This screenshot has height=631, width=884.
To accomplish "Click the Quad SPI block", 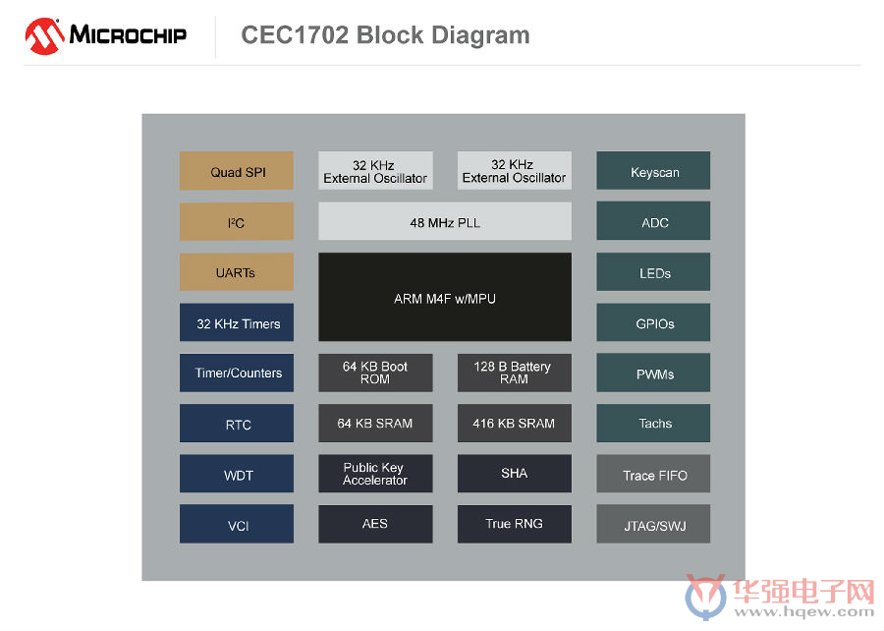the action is tap(236, 170).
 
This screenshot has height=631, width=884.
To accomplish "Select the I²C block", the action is tap(236, 221).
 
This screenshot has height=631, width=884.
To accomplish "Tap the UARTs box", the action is tap(236, 272).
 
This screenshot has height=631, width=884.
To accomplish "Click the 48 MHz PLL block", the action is tap(445, 221).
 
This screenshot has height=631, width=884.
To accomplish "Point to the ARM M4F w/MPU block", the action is tap(445, 297).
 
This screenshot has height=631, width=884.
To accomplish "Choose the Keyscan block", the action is tap(653, 170).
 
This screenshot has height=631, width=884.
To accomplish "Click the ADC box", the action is tap(653, 221).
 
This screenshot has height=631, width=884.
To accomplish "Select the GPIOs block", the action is tap(653, 322).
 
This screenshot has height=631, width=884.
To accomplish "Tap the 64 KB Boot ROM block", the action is tap(375, 373).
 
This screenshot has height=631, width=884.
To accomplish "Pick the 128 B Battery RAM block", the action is tap(514, 373).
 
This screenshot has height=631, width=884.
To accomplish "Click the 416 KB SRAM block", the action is tap(514, 423).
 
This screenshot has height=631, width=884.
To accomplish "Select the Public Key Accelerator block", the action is tap(375, 474).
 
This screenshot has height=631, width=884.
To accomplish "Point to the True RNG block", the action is tap(514, 524).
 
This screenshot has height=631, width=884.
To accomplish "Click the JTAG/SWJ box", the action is tap(653, 524).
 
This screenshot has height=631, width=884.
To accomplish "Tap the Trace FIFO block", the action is tap(653, 474).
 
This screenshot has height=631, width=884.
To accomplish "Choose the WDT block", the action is tap(236, 474).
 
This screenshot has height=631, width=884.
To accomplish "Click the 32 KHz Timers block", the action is tap(236, 322).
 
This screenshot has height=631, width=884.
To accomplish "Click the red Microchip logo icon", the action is tap(44, 36).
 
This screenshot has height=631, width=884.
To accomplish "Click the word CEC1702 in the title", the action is tap(295, 35).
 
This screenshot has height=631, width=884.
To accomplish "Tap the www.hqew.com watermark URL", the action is tap(803, 612).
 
